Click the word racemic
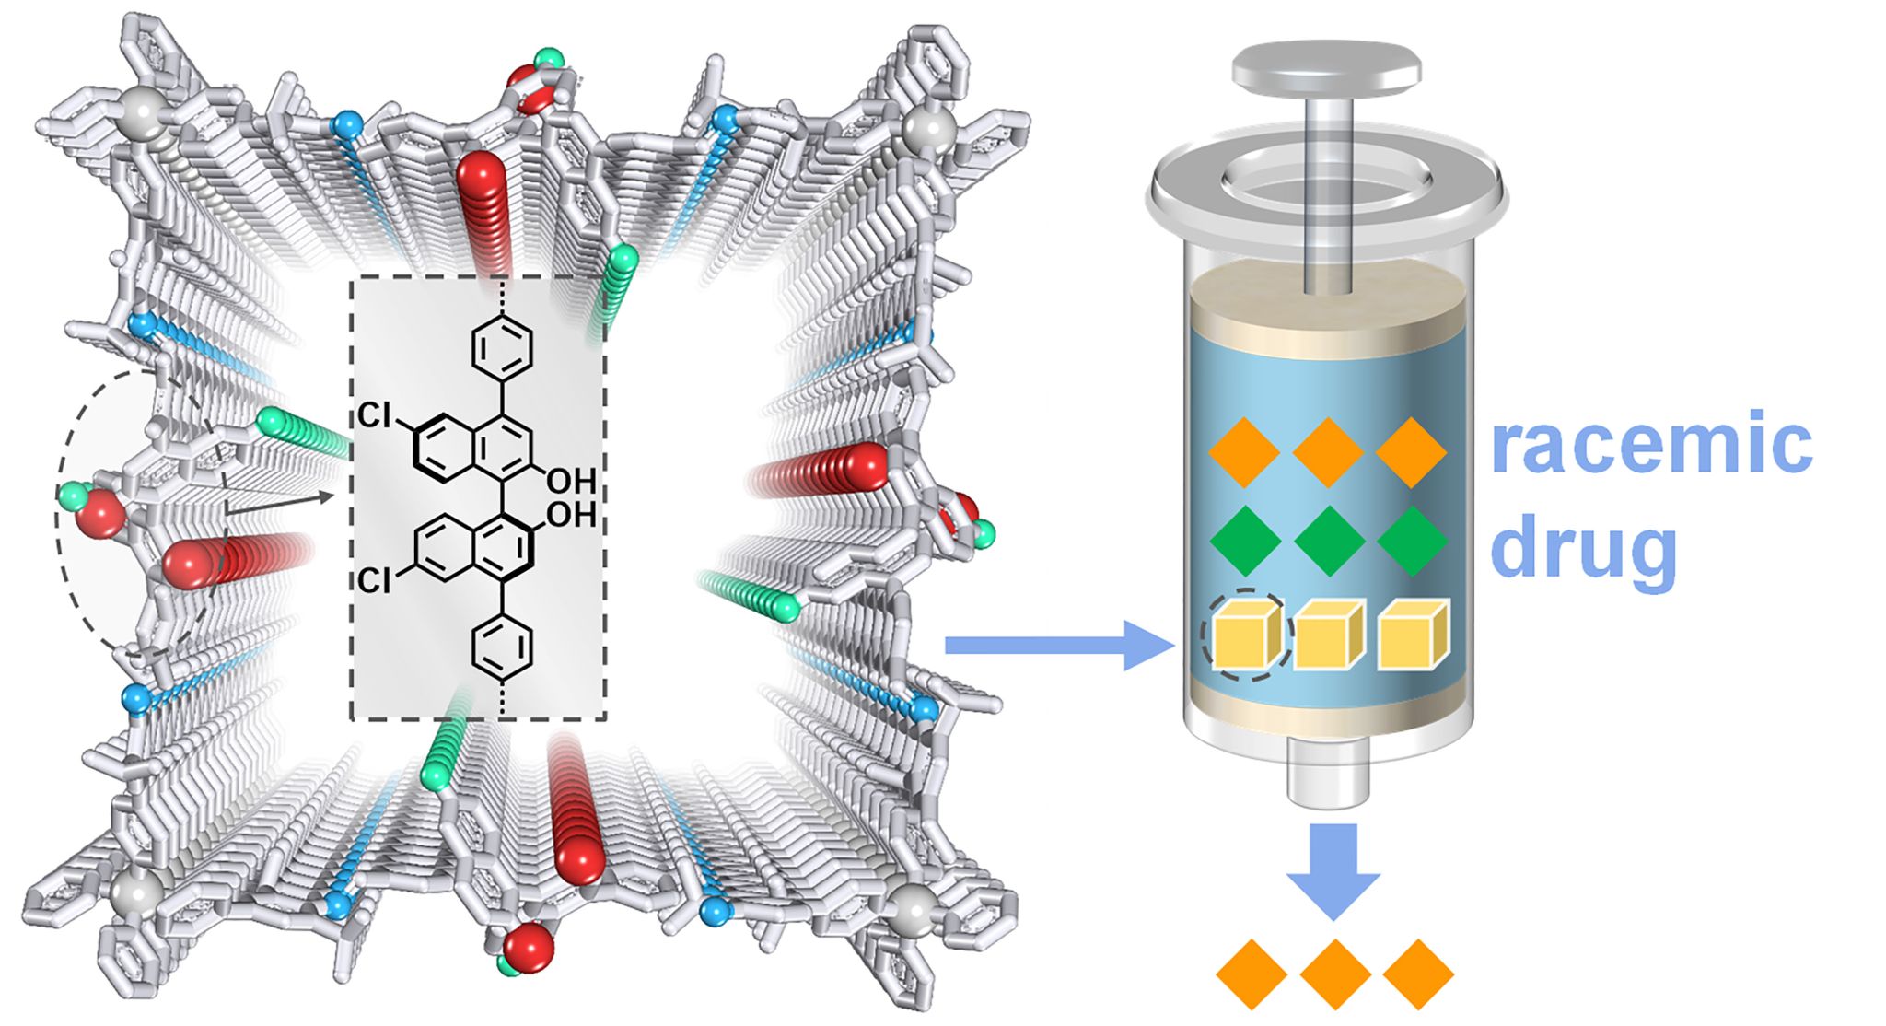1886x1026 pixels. pyautogui.click(x=1651, y=445)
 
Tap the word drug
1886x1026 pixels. pyautogui.click(x=1583, y=547)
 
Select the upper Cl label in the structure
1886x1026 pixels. pyautogui.click(x=374, y=416)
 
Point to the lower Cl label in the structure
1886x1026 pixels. pyautogui.click(x=374, y=581)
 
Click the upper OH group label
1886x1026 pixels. pyautogui.click(x=571, y=480)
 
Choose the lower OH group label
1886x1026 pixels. pyautogui.click(x=571, y=514)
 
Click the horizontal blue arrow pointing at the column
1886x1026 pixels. pyautogui.click(x=1059, y=646)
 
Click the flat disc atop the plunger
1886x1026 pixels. pyautogui.click(x=1326, y=66)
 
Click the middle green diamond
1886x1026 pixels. pyautogui.click(x=1329, y=542)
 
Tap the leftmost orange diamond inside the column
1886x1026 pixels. pyautogui.click(x=1244, y=452)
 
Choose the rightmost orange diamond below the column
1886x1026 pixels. pyautogui.click(x=1418, y=974)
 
